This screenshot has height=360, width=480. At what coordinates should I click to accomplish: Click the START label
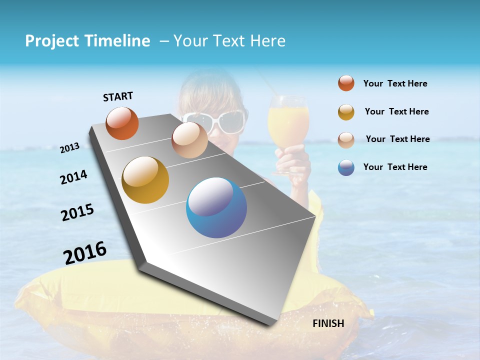pyautogui.click(x=118, y=96)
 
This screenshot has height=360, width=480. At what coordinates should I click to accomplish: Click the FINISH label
pyautogui.click(x=328, y=323)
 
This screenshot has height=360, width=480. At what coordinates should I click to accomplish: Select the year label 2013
pyautogui.click(x=69, y=148)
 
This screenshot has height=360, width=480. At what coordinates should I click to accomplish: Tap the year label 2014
pyautogui.click(x=73, y=177)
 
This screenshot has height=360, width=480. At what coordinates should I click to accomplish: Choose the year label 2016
pyautogui.click(x=85, y=253)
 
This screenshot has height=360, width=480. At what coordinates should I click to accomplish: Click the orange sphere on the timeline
pyautogui.click(x=122, y=123)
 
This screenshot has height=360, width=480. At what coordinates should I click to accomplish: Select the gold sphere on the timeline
pyautogui.click(x=145, y=180)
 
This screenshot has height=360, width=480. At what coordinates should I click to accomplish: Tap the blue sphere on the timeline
pyautogui.click(x=216, y=207)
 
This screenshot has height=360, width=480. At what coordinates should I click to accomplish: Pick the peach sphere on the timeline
pyautogui.click(x=189, y=140)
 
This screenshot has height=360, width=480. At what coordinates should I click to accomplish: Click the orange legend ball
pyautogui.click(x=346, y=83)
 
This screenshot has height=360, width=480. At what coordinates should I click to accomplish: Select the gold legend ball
pyautogui.click(x=346, y=112)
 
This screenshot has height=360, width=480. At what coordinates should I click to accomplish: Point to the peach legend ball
pyautogui.click(x=346, y=139)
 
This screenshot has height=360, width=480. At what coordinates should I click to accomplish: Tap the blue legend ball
pyautogui.click(x=346, y=167)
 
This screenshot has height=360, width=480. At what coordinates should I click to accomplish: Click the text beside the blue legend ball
pyautogui.click(x=395, y=167)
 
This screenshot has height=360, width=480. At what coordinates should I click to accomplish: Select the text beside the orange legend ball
pyautogui.click(x=395, y=83)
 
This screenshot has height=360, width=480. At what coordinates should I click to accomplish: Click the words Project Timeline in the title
pyautogui.click(x=87, y=41)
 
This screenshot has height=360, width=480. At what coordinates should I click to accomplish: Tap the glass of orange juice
pyautogui.click(x=288, y=122)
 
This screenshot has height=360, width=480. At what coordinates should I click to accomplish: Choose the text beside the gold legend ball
pyautogui.click(x=396, y=111)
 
